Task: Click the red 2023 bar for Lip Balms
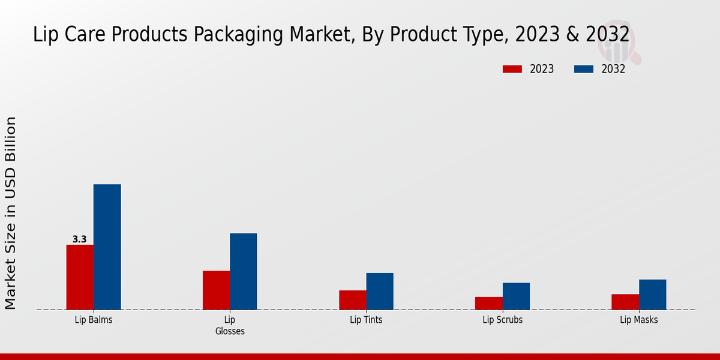click(80, 277)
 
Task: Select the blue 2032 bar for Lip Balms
click(107, 247)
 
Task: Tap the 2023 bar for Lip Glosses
click(216, 290)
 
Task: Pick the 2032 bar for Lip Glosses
click(243, 271)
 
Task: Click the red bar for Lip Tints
click(352, 300)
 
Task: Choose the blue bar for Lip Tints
click(380, 291)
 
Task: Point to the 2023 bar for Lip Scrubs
click(488, 303)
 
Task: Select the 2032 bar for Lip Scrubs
click(516, 296)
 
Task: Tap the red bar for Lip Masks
click(625, 302)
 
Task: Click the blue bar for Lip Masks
click(652, 295)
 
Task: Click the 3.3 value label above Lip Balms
click(80, 239)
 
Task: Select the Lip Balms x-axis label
click(94, 320)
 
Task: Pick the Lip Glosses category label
click(230, 325)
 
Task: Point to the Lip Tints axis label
click(366, 320)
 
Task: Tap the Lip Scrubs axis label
click(502, 320)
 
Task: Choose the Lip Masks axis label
click(638, 320)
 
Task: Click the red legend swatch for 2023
click(512, 69)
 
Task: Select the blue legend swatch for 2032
click(583, 69)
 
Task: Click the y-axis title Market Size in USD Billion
click(11, 213)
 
